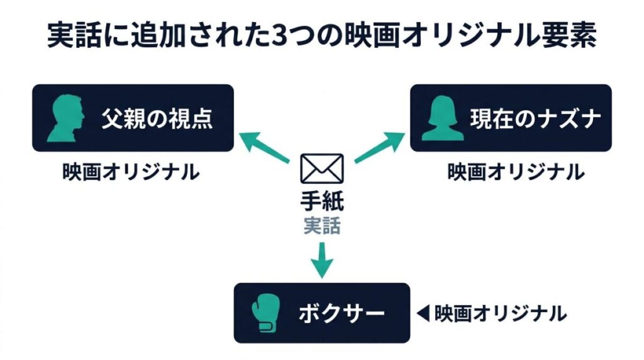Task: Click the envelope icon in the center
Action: pyautogui.click(x=322, y=168)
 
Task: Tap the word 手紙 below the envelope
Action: pyautogui.click(x=322, y=203)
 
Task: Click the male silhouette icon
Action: pyautogui.click(x=65, y=118)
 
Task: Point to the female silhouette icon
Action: pyautogui.click(x=443, y=118)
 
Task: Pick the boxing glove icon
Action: pyautogui.click(x=264, y=313)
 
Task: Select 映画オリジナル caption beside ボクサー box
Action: pyautogui.click(x=500, y=312)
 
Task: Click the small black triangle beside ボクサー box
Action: pyautogui.click(x=423, y=312)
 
